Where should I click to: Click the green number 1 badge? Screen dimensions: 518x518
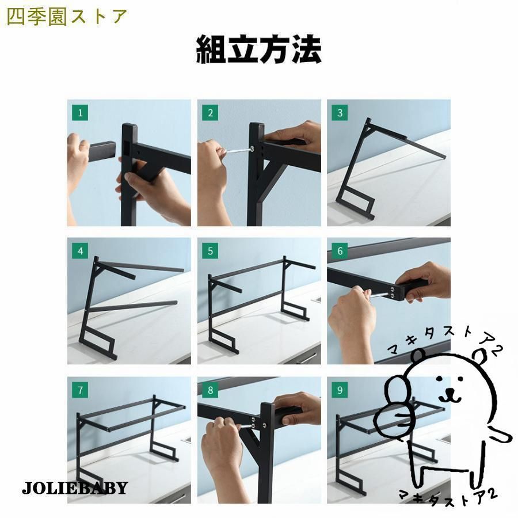tap(80, 113)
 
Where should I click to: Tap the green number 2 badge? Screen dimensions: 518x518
tap(210, 113)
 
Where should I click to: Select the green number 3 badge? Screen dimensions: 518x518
tap(340, 113)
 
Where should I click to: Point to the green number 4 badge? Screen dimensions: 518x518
tap(80, 251)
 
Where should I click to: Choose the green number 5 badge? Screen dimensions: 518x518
tap(210, 251)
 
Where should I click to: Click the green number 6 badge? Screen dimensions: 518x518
tap(340, 251)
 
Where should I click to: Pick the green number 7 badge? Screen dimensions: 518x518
tap(80, 390)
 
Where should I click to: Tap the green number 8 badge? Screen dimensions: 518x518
tap(210, 390)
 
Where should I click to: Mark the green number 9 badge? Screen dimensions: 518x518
tap(340, 390)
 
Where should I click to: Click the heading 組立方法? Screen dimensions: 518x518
tap(258, 49)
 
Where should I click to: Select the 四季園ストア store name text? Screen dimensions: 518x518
tap(67, 17)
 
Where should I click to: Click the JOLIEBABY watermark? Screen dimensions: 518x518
tap(75, 487)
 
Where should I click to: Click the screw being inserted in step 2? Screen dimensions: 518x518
tap(238, 150)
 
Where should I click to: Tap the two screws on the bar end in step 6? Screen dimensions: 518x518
tap(393, 292)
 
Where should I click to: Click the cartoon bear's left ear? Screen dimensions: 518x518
tap(418, 356)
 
